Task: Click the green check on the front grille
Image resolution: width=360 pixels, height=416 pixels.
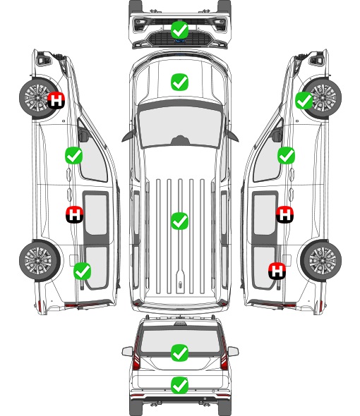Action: [179, 30]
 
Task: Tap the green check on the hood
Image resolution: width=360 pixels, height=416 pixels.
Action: [179, 82]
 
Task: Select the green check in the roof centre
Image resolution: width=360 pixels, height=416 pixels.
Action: [179, 221]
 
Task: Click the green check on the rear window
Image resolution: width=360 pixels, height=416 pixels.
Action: [179, 353]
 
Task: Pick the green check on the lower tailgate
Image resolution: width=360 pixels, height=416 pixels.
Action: [179, 385]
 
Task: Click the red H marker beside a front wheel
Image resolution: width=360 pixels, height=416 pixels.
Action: [56, 100]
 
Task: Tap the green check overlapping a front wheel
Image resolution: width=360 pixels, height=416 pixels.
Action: [304, 100]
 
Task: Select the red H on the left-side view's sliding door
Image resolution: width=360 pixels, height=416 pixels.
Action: [74, 214]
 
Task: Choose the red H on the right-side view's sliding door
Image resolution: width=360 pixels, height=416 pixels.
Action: [284, 214]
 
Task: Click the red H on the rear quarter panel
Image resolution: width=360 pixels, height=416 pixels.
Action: [277, 271]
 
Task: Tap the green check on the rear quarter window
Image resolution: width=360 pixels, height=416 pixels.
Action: [82, 271]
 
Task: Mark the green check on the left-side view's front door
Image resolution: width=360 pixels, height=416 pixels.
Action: [73, 155]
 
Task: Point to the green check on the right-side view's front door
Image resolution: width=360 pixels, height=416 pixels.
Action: [286, 155]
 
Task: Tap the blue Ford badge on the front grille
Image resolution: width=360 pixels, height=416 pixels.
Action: [179, 41]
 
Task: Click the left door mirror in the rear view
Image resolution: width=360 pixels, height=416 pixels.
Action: [127, 351]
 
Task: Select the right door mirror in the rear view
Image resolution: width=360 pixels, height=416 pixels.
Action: [233, 351]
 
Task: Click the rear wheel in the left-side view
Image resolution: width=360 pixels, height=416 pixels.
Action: [40, 260]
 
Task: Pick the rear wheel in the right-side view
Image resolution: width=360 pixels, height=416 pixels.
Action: [321, 260]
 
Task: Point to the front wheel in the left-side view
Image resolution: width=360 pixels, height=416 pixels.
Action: [39, 98]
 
